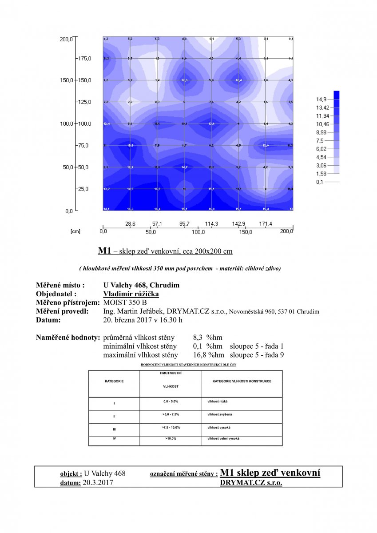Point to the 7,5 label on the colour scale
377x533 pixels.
[321, 140]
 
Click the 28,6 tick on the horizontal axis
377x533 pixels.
[130, 224]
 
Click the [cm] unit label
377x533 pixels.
[75, 232]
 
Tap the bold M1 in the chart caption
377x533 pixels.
[104, 251]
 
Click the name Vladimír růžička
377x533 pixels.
[131, 294]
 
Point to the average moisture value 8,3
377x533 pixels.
[198, 338]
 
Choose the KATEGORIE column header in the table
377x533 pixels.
[114, 381]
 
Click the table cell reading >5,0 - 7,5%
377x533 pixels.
[171, 415]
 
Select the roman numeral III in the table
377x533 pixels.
[114, 429]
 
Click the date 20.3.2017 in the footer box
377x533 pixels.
[98, 482]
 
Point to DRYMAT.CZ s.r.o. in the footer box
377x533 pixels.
[251, 482]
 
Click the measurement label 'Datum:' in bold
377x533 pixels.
[48, 320]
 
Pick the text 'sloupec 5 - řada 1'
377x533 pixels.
[257, 346]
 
